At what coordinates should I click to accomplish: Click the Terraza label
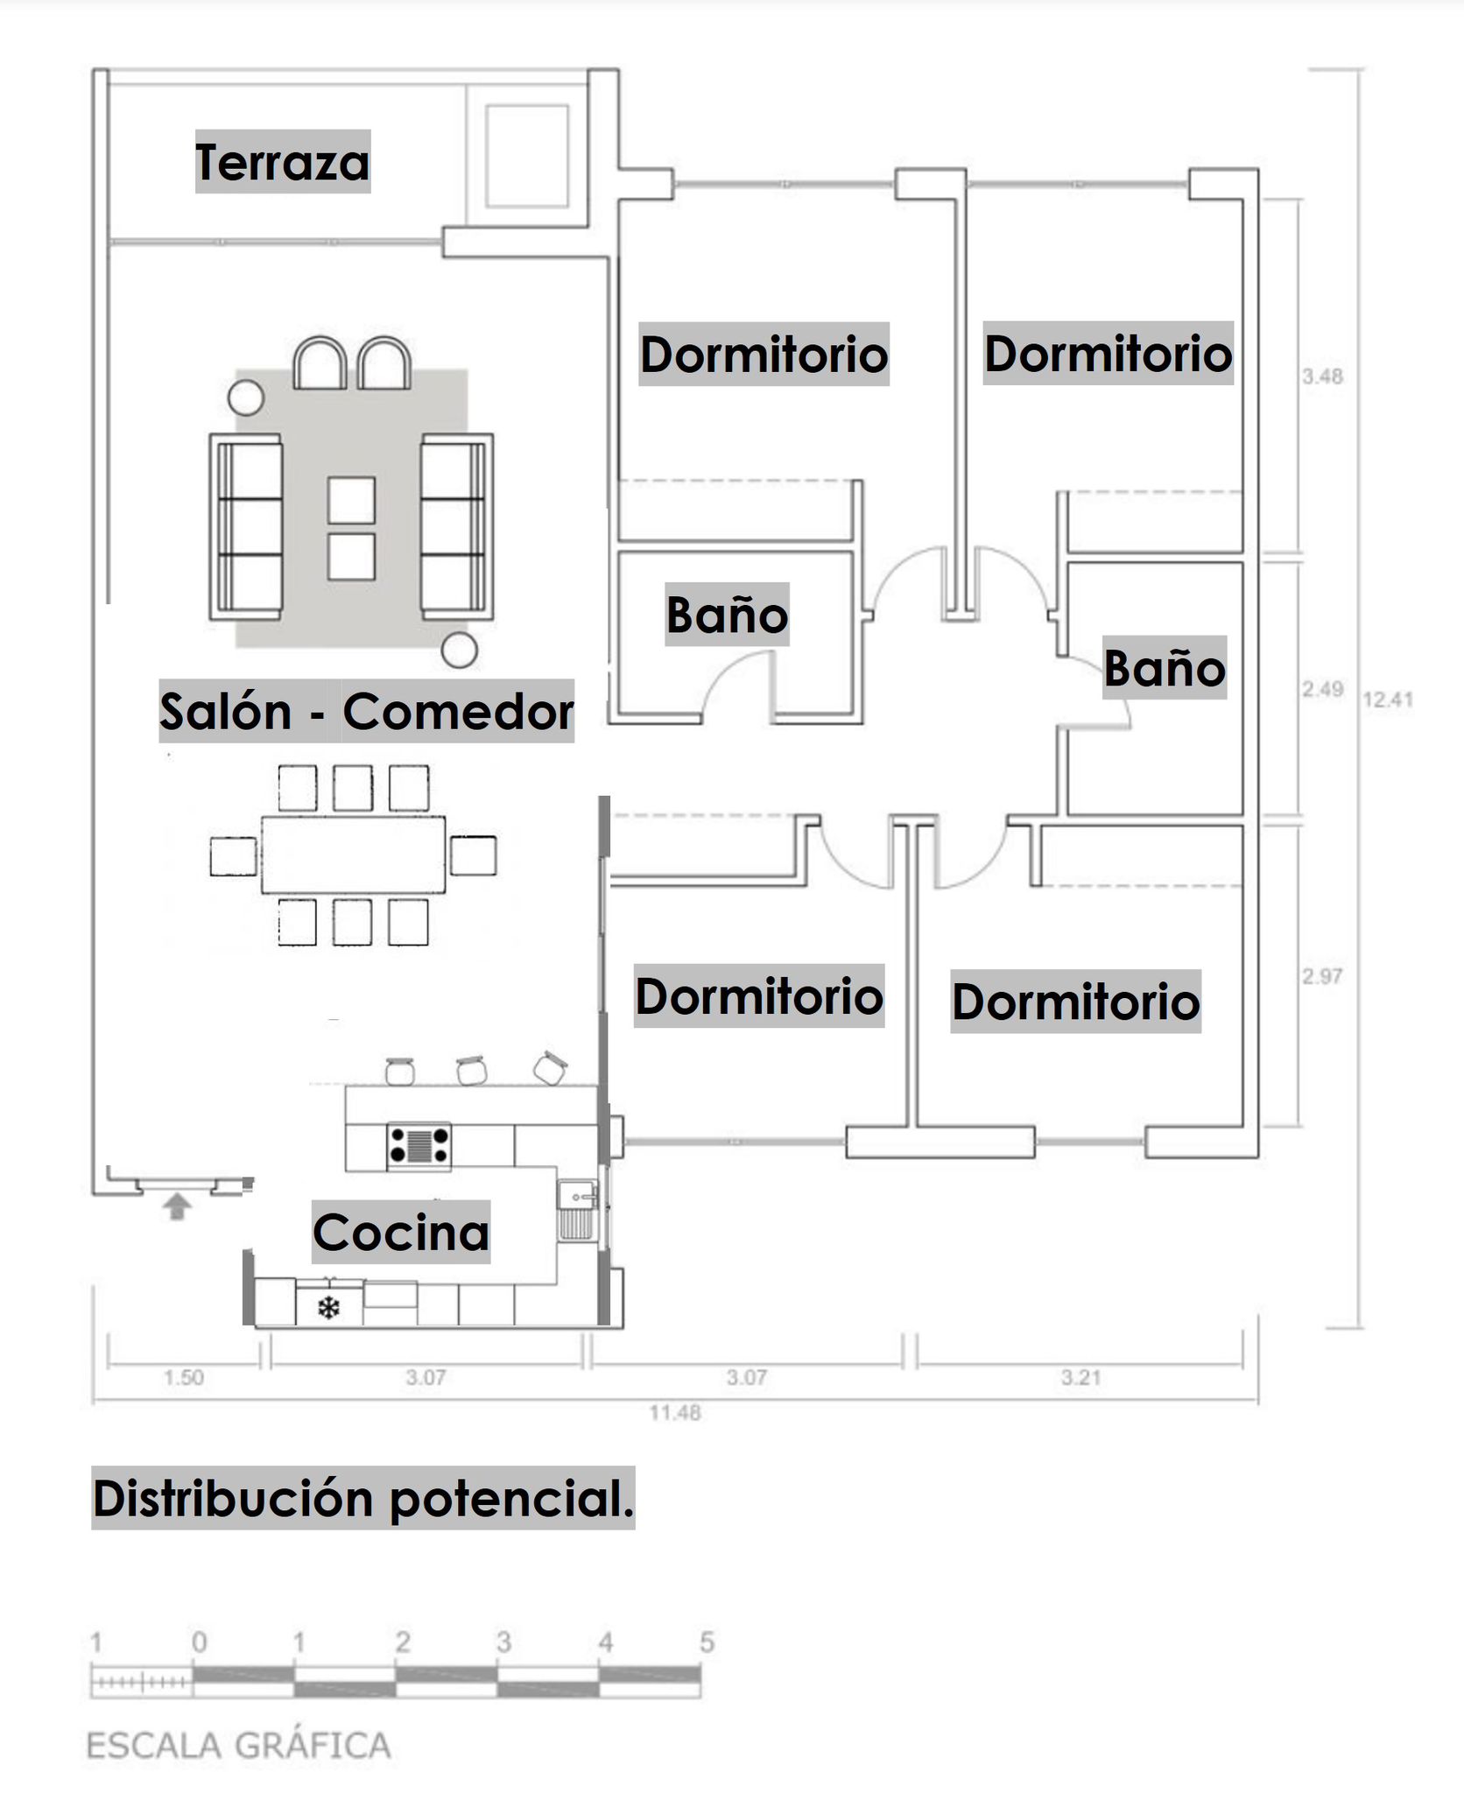282,162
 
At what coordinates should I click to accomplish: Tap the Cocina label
401,1232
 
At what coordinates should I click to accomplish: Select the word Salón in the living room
226,711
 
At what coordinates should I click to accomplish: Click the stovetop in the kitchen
419,1144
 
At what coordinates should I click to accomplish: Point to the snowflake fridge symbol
328,1309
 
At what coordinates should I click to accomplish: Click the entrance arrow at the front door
178,1207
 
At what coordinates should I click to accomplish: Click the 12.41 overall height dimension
1388,700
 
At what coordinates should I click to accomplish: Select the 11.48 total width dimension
674,1412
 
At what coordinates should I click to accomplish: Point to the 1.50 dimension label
183,1377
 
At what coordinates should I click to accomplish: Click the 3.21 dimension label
1080,1377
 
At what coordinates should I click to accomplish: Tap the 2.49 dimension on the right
1322,689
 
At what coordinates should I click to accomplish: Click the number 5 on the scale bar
707,1642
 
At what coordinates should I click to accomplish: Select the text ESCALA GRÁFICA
239,1745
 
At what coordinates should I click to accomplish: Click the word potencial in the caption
510,1499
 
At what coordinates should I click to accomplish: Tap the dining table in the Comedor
353,854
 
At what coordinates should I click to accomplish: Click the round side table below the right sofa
459,650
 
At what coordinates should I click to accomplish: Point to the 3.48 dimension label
1322,376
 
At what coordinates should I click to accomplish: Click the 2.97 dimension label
1322,976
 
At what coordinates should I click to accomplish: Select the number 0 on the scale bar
199,1642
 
